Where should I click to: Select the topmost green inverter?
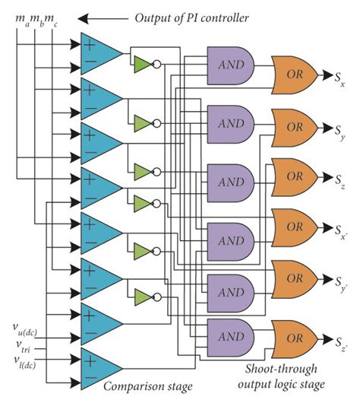[x=143, y=65]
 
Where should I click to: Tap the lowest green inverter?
[x=143, y=294]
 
